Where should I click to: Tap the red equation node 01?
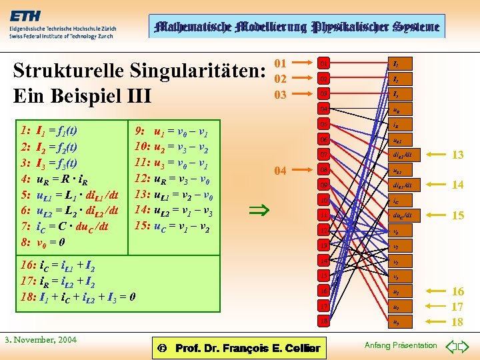pos(324,63)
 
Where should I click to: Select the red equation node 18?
pos(324,321)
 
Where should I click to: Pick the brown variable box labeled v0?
pos(396,231)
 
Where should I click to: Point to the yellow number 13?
pos(457,155)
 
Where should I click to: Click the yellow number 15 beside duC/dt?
pos(457,215)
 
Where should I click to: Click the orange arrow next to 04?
pos(302,170)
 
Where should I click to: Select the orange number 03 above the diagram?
pos(281,94)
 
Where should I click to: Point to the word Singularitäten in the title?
pos(194,69)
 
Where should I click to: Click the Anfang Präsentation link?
pos(401,345)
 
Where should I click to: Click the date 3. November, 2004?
pos(42,340)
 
